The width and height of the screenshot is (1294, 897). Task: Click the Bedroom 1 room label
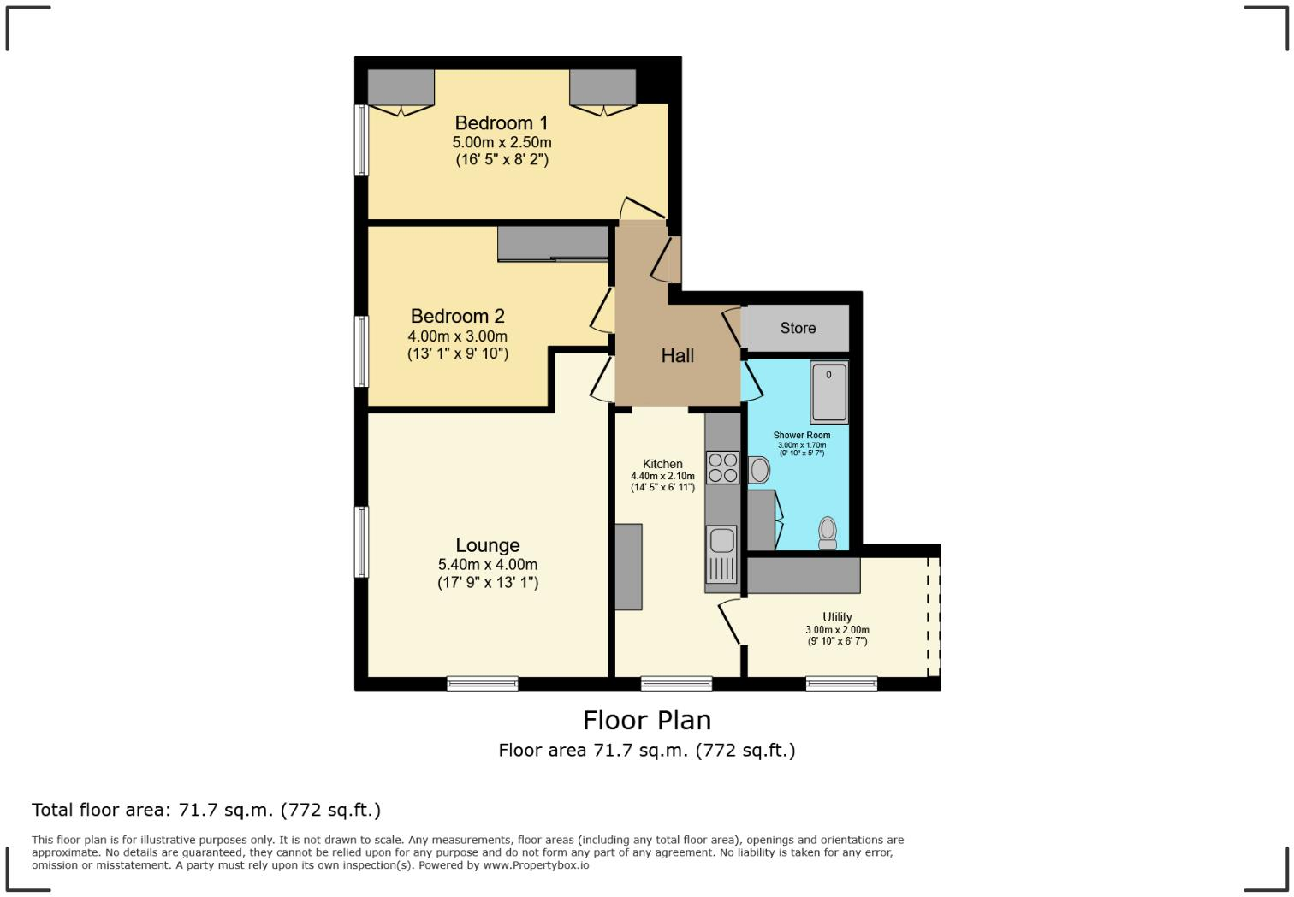click(501, 123)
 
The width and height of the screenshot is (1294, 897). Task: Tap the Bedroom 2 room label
click(457, 317)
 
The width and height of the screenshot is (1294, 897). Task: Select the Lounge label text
click(487, 545)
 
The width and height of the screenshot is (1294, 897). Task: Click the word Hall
click(677, 356)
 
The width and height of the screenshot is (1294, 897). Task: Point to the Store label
click(798, 328)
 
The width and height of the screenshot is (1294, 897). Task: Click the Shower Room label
click(801, 435)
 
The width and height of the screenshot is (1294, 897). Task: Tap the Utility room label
click(837, 617)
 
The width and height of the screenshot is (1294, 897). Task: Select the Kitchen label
click(662, 464)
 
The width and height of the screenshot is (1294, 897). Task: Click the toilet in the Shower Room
click(828, 532)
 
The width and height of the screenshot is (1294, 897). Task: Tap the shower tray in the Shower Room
click(828, 392)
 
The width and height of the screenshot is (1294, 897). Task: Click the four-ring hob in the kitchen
click(722, 467)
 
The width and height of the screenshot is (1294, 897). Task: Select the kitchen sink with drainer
click(721, 553)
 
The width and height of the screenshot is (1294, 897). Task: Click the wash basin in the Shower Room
click(759, 469)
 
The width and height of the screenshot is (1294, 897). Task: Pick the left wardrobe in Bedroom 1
click(401, 89)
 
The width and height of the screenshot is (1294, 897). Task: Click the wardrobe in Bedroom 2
click(553, 244)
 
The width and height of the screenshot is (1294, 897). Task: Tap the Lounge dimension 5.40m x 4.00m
click(487, 565)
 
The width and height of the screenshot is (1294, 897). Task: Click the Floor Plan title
click(646, 720)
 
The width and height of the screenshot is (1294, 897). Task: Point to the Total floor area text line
click(206, 810)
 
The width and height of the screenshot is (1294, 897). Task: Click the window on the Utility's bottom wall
click(840, 683)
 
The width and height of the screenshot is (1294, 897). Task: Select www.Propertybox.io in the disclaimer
click(536, 865)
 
